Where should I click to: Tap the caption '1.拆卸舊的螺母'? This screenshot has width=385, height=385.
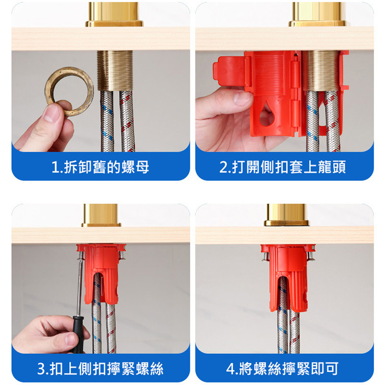coord(101,167)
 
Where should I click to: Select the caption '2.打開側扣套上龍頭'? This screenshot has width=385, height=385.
coord(282,167)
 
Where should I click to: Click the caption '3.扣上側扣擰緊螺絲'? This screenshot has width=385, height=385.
coord(101,369)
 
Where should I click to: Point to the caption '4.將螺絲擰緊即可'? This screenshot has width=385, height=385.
coord(282,369)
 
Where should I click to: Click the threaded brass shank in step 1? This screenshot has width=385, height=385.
coord(115,70)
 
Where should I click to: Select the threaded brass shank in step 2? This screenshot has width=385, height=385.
coord(320,71)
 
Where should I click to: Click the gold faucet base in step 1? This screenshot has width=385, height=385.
coord(115,14)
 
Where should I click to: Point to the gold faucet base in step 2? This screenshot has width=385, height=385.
coord(318,14)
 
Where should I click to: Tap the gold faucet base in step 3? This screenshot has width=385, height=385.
coord(101,215)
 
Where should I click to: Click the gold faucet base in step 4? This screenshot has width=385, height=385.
coord(286,215)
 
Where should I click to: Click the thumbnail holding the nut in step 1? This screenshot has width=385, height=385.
coord(51,114)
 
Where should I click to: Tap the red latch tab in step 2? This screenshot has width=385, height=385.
coord(229,71)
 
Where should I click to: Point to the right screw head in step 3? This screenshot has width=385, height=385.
coord(122,256)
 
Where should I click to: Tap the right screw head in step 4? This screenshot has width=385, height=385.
coord(309,257)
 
